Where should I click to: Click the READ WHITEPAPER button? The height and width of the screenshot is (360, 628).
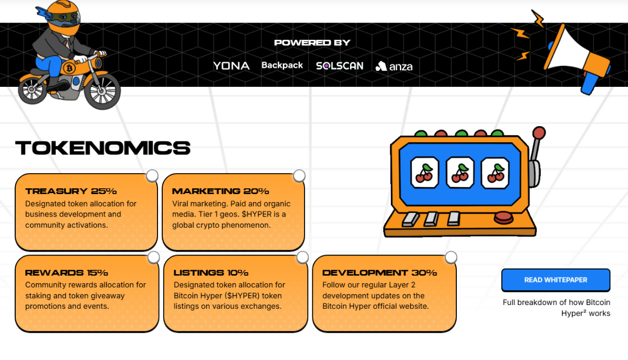click(555, 280)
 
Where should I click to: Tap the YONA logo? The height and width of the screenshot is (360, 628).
click(231, 66)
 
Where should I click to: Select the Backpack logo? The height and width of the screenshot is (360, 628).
click(282, 65)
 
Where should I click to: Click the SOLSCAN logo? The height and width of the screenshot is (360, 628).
click(339, 66)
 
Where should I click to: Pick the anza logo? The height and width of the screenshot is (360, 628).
click(394, 66)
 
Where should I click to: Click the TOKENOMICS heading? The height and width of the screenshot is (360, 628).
click(103, 148)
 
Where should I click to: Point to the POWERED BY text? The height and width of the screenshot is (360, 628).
click(312, 43)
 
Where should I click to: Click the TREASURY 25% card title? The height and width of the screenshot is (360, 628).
click(71, 191)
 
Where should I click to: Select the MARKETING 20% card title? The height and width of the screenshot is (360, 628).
click(220, 191)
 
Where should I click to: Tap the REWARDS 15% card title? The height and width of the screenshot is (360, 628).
click(66, 273)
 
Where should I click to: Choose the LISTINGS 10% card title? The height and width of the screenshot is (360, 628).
click(211, 273)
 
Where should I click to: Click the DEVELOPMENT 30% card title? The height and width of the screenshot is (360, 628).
click(379, 273)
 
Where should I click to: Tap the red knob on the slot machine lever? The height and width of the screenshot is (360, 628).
click(539, 133)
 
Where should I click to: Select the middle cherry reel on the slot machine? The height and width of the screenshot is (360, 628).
click(460, 172)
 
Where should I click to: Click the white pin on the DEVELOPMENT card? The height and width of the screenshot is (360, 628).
click(451, 257)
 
